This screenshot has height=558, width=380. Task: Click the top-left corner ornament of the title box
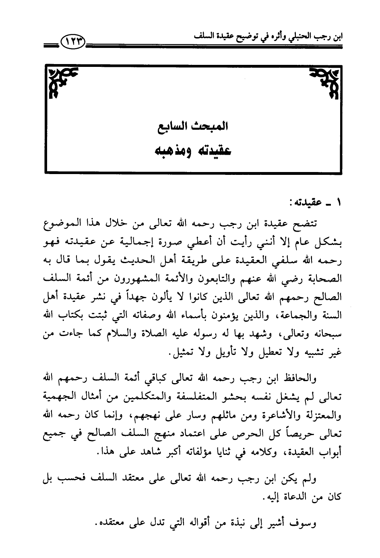tap(62, 83)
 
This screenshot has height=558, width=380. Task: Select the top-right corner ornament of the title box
tap(324, 83)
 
